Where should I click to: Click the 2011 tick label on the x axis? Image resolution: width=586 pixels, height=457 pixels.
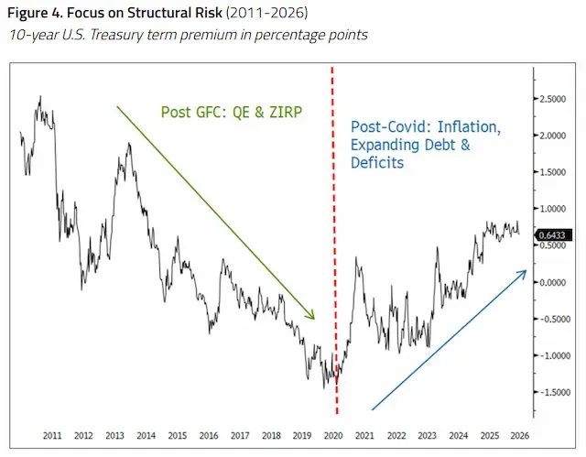click(x=52, y=436)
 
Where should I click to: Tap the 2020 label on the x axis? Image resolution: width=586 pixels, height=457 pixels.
click(x=333, y=436)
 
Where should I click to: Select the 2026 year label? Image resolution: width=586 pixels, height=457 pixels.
click(x=520, y=436)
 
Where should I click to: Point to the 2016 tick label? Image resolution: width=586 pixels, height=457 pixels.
click(x=209, y=436)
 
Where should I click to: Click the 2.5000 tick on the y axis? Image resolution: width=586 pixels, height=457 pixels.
click(x=553, y=99)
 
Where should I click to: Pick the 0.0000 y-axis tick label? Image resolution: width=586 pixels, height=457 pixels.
click(x=553, y=282)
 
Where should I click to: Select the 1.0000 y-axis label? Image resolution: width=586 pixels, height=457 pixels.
click(x=553, y=209)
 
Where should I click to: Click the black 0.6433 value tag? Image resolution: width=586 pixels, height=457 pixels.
click(x=553, y=235)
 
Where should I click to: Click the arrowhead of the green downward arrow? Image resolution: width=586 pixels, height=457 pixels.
click(x=311, y=315)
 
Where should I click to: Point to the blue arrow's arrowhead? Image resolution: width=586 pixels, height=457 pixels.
click(x=522, y=274)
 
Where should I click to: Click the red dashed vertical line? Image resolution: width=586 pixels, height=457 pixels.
click(x=334, y=240)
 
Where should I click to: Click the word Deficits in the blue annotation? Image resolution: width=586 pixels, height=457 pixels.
click(x=377, y=162)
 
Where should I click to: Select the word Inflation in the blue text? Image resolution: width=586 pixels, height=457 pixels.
click(x=469, y=127)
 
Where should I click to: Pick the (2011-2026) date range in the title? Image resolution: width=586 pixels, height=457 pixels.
click(x=266, y=13)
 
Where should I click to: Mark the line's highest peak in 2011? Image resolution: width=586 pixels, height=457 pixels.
click(x=40, y=96)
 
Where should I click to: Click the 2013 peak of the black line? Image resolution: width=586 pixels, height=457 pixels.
click(x=129, y=143)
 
